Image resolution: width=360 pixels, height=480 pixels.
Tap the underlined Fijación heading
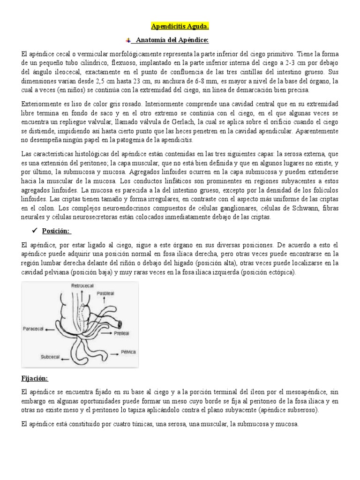34,378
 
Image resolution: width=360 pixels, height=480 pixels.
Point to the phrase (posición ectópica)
274,273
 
